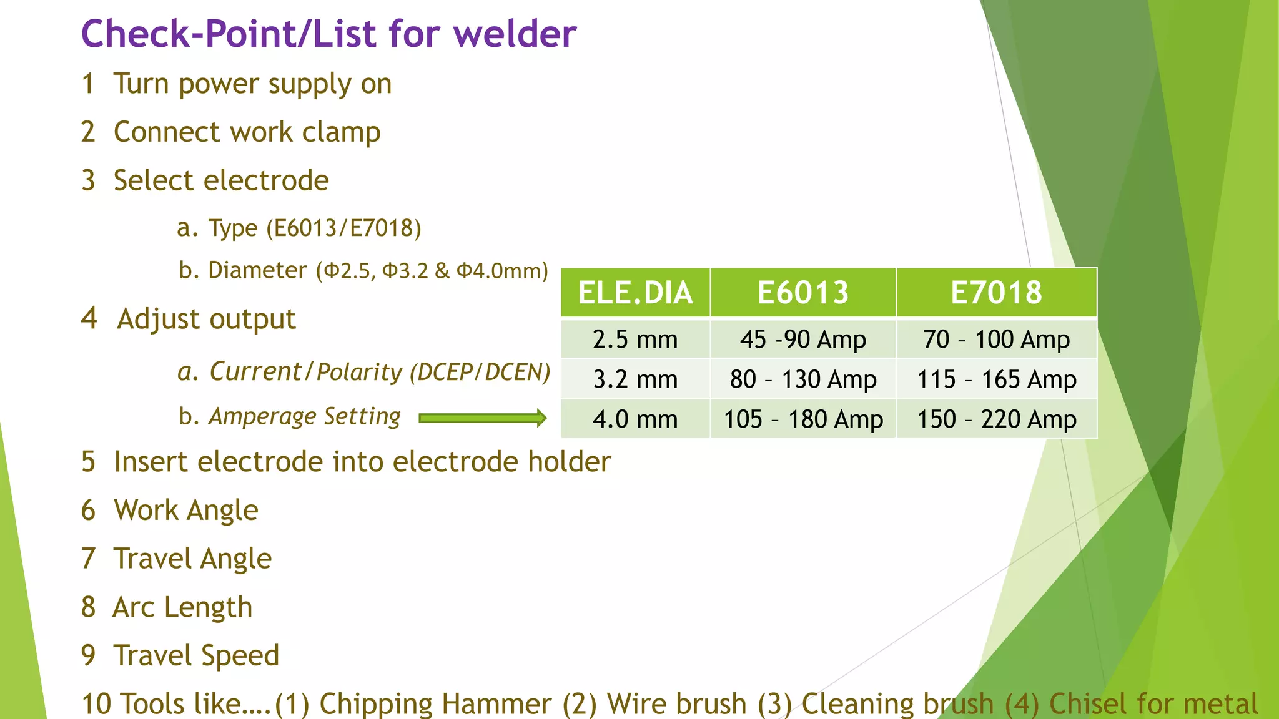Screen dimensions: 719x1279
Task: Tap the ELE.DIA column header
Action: (x=635, y=293)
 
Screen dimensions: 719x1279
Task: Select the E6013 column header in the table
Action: (x=803, y=293)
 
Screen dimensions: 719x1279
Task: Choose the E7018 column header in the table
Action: (x=996, y=293)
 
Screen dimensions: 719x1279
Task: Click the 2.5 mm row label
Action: (x=635, y=340)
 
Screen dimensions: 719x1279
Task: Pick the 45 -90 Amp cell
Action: (x=803, y=340)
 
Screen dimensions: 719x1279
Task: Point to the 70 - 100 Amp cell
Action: (x=996, y=340)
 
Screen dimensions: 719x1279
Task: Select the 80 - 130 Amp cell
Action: (x=803, y=379)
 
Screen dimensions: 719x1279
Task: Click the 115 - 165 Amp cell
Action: (x=996, y=379)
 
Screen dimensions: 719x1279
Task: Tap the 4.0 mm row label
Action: (x=635, y=419)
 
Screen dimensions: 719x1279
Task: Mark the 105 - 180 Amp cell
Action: (x=803, y=419)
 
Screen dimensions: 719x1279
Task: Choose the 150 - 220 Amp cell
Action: (x=996, y=419)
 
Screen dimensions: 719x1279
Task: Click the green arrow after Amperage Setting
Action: (x=482, y=418)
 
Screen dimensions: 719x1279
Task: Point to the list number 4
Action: (x=89, y=318)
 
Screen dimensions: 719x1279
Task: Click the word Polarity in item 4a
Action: (x=360, y=373)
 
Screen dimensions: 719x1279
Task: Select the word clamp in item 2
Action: (x=341, y=132)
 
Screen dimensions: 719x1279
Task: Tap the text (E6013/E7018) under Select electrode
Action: (x=344, y=228)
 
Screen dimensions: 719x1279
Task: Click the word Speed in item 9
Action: (x=240, y=656)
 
